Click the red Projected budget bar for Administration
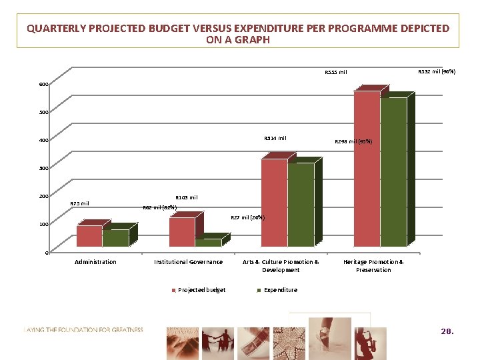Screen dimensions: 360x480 coord(89,237)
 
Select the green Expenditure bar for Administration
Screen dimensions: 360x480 coord(115,239)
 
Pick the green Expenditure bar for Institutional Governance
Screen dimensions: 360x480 coord(208,243)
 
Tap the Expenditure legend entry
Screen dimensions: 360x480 coord(280,290)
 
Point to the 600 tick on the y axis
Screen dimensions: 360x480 coord(43,85)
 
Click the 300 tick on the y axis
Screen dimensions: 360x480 coord(43,168)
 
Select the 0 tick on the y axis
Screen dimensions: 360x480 coord(45,253)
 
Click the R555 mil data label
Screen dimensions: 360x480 coord(335,72)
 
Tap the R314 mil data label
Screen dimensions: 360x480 coord(275,138)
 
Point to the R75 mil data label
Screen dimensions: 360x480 coord(79,203)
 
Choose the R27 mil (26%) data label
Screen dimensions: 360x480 coord(247,217)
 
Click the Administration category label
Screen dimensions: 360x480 coord(95,262)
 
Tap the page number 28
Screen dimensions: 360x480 coord(447,331)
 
